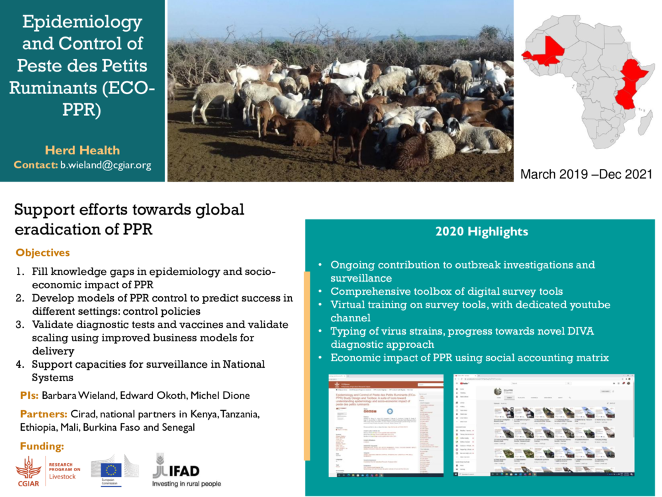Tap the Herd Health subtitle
pos(82,150)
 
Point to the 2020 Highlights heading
pos(481,232)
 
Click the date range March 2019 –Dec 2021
pos(586,174)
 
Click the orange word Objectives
pos(42,253)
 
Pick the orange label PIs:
pos(29,396)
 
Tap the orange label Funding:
pos(42,445)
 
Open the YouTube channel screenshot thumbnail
pos(544,425)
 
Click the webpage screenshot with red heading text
pos(386,425)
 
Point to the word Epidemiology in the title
pos(82,22)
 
